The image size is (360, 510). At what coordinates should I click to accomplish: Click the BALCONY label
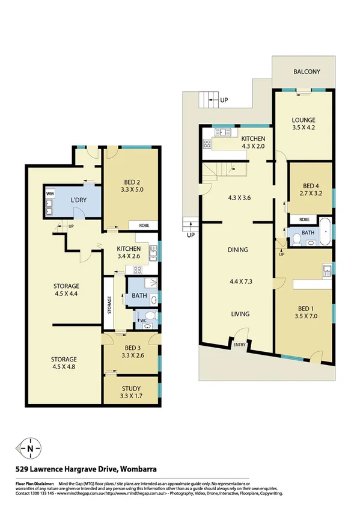307,72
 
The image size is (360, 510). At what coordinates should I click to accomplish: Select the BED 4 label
311,186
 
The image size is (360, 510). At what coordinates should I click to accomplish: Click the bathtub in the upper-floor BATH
325,233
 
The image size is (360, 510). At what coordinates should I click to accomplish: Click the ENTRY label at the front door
240,345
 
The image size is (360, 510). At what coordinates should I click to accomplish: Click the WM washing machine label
50,194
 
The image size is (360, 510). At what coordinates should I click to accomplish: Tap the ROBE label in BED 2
144,226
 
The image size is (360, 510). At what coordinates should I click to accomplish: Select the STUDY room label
131,388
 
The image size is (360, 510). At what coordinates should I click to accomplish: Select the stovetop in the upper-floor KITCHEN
208,144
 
